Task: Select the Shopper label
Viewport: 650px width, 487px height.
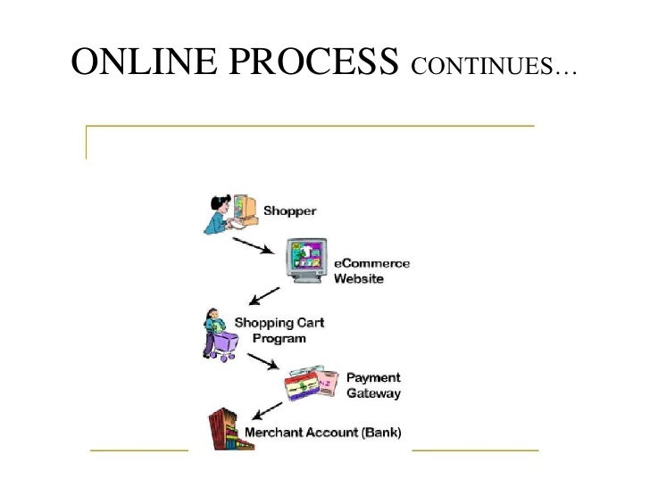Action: click(x=289, y=211)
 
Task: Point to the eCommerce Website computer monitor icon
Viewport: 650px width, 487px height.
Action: click(x=306, y=260)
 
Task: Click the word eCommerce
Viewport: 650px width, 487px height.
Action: click(x=372, y=264)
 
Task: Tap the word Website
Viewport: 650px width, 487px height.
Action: click(x=359, y=278)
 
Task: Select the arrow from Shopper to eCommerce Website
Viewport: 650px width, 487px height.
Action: click(x=253, y=244)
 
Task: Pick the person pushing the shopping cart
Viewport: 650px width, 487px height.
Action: click(x=217, y=333)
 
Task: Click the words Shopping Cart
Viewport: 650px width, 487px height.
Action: click(x=279, y=323)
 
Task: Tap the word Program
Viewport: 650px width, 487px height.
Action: click(x=279, y=338)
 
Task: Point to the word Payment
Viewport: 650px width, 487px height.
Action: click(x=373, y=377)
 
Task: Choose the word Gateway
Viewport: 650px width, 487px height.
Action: click(x=373, y=392)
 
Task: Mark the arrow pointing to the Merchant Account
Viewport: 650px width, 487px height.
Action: click(x=269, y=411)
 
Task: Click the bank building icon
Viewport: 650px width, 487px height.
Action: click(x=230, y=429)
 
